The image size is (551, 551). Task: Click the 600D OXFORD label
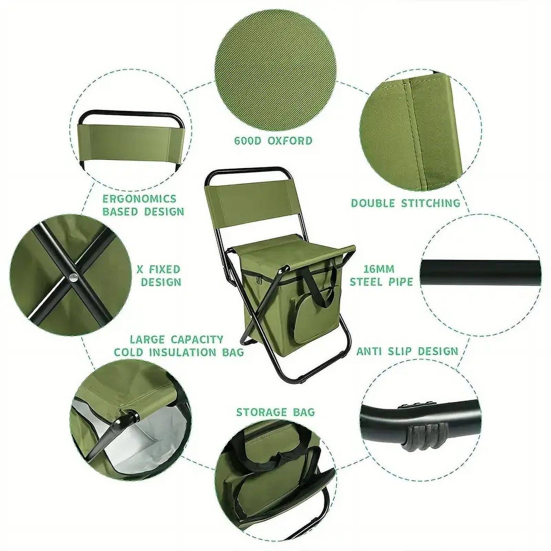tap(273, 141)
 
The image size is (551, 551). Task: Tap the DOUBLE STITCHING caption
tap(405, 203)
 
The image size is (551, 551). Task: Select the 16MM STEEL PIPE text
tap(381, 275)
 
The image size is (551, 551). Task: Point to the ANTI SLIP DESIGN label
tap(407, 351)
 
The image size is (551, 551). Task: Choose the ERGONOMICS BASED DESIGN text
tap(144, 205)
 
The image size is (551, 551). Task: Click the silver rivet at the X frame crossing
tap(73, 278)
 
